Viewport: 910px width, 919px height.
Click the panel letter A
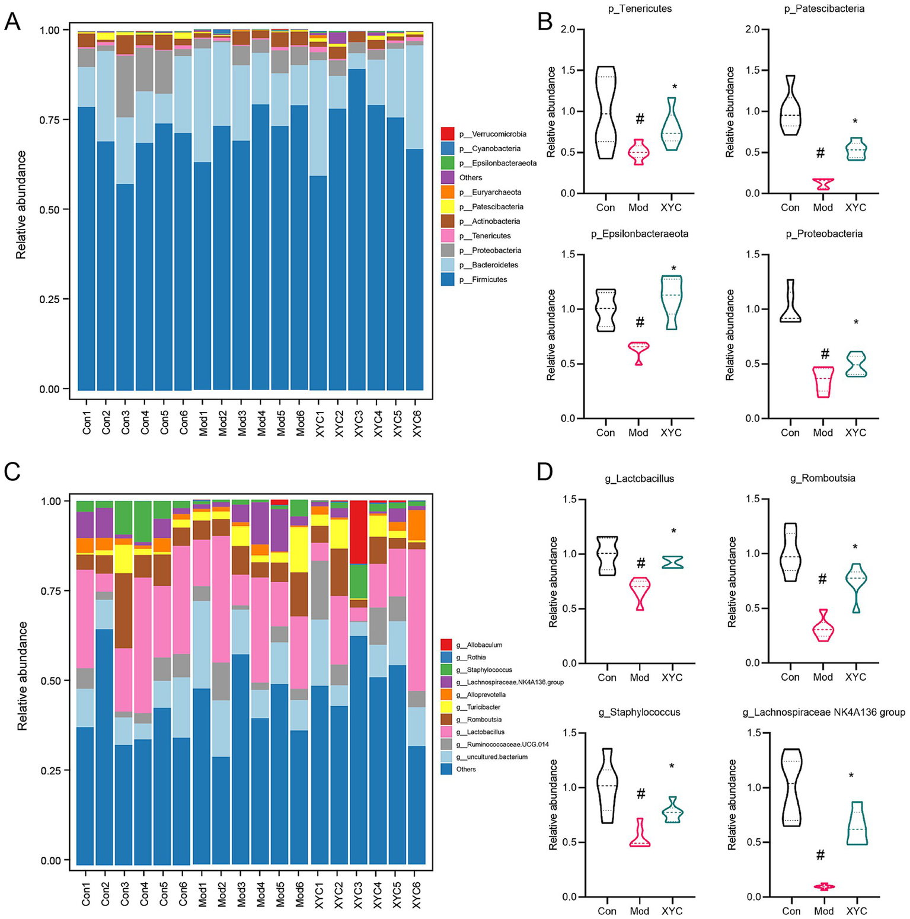(12, 22)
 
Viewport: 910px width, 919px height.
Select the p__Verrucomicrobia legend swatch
(448, 134)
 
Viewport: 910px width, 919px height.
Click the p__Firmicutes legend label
(483, 280)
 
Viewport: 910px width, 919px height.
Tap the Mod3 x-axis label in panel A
(242, 422)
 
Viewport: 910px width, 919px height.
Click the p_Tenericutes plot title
(639, 9)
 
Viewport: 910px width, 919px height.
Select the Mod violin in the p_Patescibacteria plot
(823, 184)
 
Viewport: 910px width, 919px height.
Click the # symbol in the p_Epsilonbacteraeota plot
(640, 323)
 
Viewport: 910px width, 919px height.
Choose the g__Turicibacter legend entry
(478, 707)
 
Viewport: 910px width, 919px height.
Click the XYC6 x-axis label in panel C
(417, 893)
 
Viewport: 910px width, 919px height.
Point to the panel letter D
(544, 472)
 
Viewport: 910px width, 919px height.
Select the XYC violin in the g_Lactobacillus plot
(673, 562)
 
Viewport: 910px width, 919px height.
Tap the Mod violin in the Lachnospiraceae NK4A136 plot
(823, 886)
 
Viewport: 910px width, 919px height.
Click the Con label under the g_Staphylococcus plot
(606, 911)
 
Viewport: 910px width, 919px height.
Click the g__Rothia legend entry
(471, 658)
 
